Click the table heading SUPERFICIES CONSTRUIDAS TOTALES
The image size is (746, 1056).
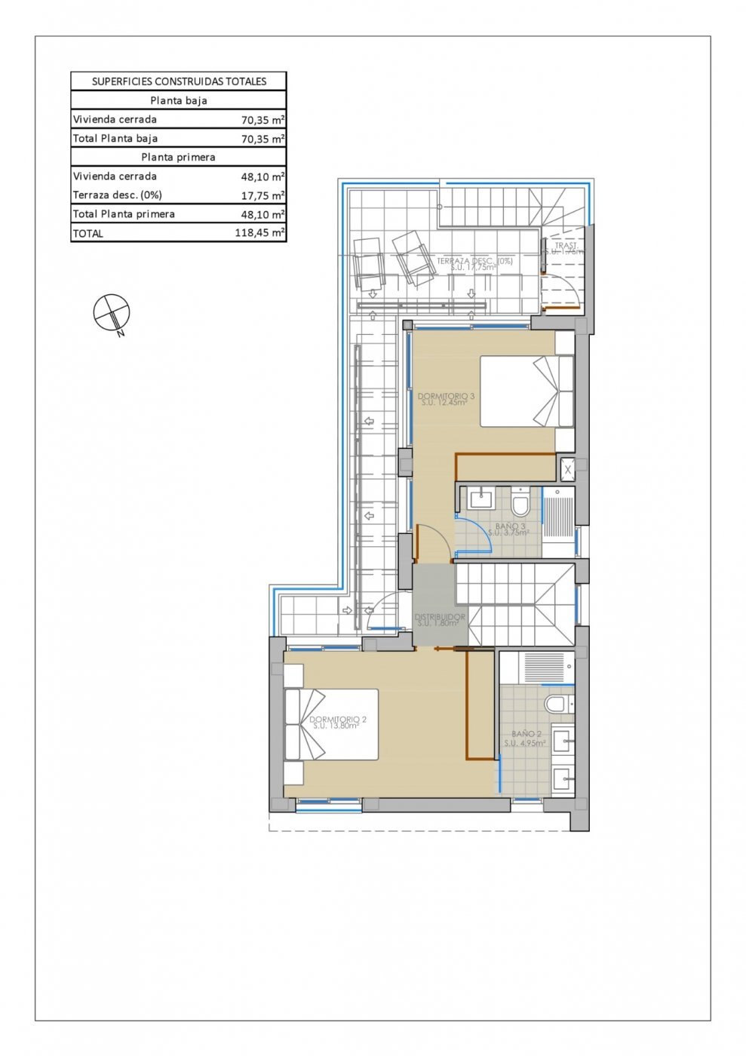tap(179, 81)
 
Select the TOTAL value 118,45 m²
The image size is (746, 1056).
tap(259, 233)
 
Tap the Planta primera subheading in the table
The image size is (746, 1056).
tap(178, 157)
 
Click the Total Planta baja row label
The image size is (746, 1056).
tap(115, 139)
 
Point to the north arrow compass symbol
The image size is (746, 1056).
tap(112, 312)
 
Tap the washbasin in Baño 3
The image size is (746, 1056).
tap(480, 499)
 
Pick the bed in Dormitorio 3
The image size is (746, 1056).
tap(527, 391)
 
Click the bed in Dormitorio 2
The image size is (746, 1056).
tap(331, 724)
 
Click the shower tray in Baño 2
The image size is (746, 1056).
tap(543, 667)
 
